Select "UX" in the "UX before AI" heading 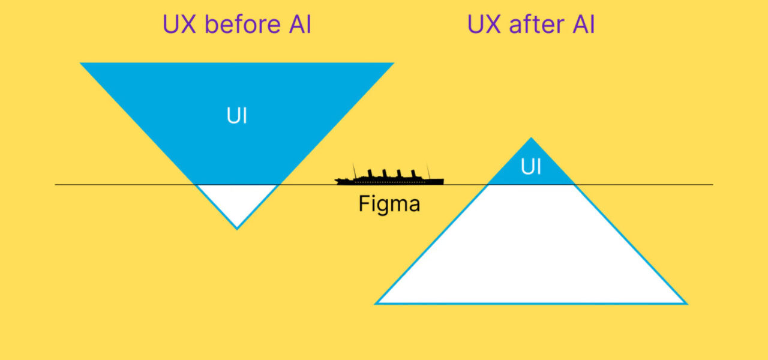point(180,25)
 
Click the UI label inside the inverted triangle point(237,116)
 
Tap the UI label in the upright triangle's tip point(531,167)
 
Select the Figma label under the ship point(389,204)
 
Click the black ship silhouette point(390,179)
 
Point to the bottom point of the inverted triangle point(237,228)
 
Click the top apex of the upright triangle point(531,139)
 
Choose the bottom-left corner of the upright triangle point(377,303)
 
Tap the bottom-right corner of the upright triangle point(685,303)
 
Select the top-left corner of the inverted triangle point(82,64)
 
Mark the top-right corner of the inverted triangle point(392,64)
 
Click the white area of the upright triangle point(531,252)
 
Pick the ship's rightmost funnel point(413,174)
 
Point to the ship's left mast point(354,170)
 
